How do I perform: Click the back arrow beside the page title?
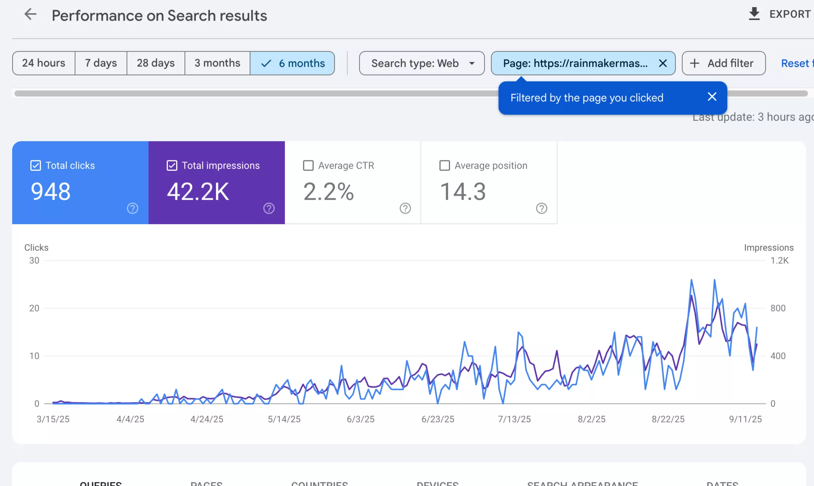tap(30, 15)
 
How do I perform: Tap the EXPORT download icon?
tap(754, 14)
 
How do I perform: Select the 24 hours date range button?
tap(44, 63)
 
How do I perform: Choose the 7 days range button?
tap(101, 63)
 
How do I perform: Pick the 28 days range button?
tap(156, 63)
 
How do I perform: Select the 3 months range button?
tap(217, 63)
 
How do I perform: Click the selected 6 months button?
tap(292, 63)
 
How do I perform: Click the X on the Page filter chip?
tap(662, 63)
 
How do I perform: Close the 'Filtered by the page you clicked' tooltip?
tap(712, 97)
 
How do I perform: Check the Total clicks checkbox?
tap(36, 166)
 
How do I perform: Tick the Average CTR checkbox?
tap(308, 166)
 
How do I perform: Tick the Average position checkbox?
tap(445, 166)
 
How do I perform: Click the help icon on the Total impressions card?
tap(269, 208)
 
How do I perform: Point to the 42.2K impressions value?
tap(198, 192)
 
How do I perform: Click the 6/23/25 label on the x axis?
tap(437, 419)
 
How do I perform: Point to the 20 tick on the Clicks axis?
tap(34, 308)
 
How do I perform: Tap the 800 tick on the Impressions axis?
tap(778, 308)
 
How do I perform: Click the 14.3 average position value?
tap(462, 192)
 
